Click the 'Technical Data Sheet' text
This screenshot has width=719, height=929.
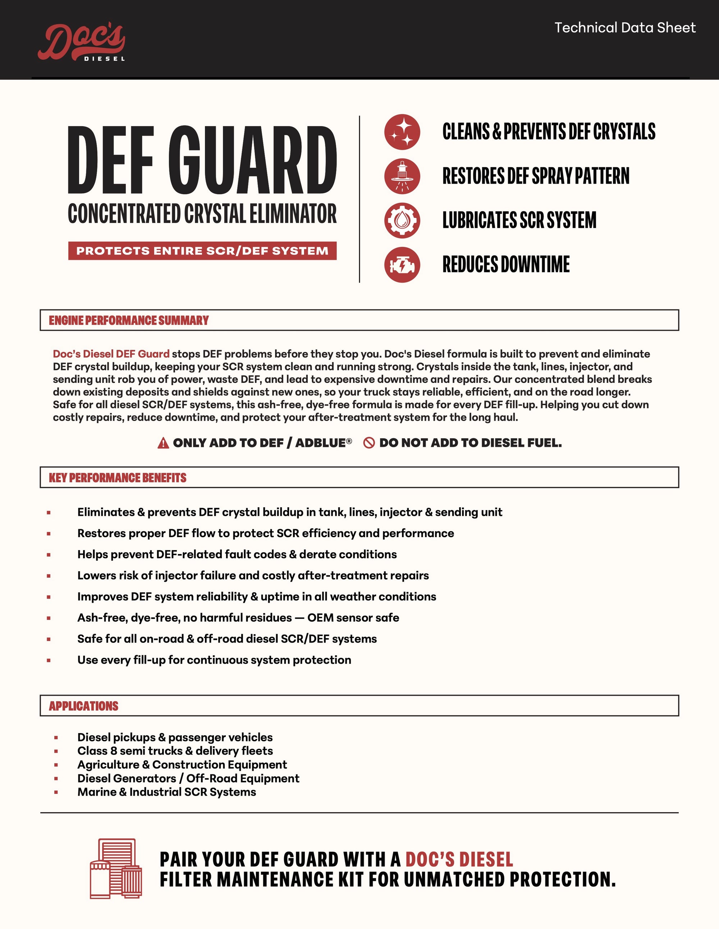click(624, 28)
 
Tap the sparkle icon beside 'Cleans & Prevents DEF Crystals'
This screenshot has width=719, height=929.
click(402, 132)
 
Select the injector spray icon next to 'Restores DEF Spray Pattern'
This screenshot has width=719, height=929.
click(402, 176)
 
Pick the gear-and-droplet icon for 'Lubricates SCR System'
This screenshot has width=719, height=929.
click(402, 220)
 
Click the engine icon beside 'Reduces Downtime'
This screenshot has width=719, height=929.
click(402, 265)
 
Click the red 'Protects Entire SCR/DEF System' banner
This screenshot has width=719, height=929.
click(202, 251)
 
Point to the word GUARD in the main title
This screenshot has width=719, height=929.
click(253, 160)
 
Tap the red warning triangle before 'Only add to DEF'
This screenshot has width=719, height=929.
click(163, 443)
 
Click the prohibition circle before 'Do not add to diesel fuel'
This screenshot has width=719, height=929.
click(369, 443)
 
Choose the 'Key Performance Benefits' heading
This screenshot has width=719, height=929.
click(118, 478)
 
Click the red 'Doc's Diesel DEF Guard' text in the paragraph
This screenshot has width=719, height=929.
click(111, 354)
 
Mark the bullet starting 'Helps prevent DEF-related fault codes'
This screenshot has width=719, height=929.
click(237, 554)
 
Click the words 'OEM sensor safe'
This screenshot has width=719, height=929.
click(353, 618)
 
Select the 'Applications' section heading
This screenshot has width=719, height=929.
click(83, 706)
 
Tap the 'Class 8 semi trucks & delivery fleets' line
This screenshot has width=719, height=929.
click(175, 751)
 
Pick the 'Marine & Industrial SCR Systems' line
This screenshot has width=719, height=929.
click(166, 792)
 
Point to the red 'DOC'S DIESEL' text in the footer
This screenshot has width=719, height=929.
click(459, 859)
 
